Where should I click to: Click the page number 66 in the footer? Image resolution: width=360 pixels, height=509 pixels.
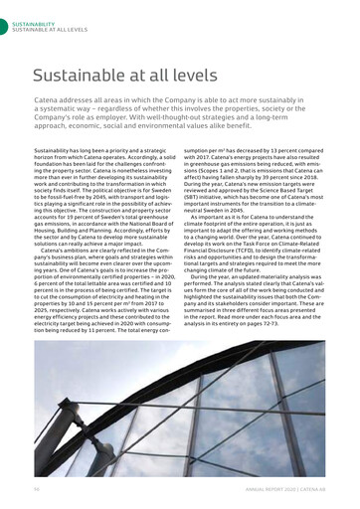[37, 489]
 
